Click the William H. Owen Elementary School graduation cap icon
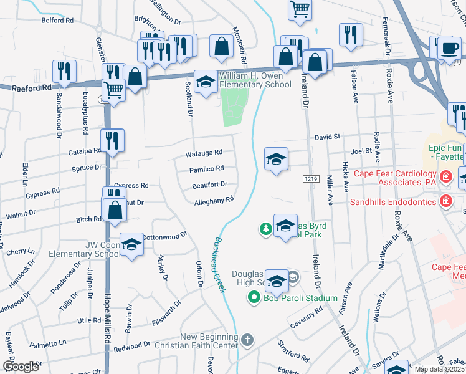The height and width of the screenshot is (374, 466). click(x=206, y=82)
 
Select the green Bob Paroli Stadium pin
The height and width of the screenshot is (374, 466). click(x=254, y=298)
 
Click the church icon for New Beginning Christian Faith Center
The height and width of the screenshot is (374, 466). click(x=247, y=340)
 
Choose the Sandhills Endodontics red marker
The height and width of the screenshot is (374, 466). click(x=445, y=201)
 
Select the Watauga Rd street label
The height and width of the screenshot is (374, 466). click(x=204, y=153)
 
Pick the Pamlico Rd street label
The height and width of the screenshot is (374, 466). click(x=206, y=169)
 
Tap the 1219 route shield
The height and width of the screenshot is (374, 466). click(x=311, y=179)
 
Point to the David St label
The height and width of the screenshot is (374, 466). click(x=327, y=137)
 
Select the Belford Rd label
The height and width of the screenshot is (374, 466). click(x=57, y=21)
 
